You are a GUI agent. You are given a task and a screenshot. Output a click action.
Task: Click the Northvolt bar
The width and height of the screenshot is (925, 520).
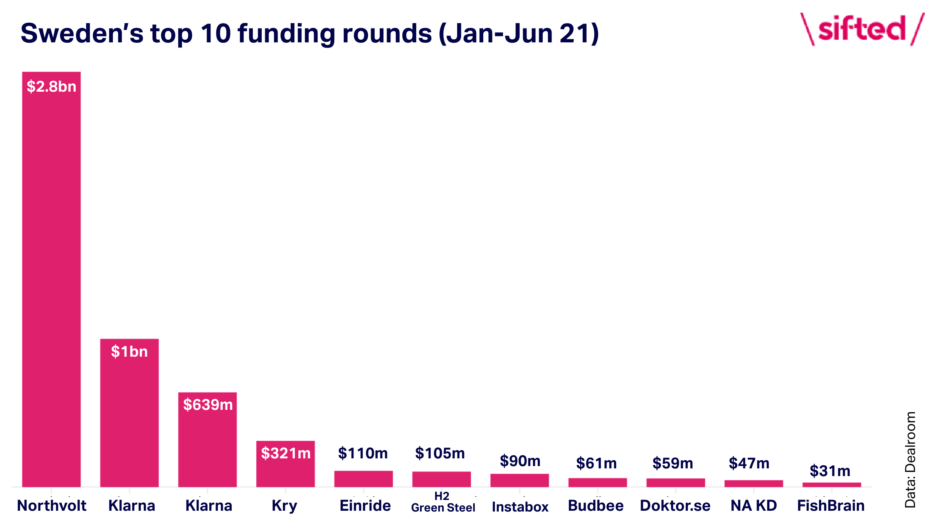click(51, 279)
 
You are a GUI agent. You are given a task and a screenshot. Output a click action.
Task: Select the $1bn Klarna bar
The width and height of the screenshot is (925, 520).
click(129, 413)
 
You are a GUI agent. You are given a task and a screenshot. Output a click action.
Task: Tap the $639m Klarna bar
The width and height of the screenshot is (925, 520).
click(207, 440)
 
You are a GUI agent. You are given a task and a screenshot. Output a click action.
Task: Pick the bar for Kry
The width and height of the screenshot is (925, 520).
click(286, 464)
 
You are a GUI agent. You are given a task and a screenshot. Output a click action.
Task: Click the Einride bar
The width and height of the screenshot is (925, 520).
click(363, 479)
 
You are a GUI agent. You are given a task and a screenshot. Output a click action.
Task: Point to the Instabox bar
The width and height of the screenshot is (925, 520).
click(520, 480)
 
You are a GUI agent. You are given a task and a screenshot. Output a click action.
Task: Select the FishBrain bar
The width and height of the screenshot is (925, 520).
click(832, 485)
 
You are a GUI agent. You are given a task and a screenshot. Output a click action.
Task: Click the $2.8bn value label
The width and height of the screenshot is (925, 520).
click(51, 87)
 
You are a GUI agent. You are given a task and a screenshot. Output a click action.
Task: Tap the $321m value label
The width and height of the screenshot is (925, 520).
click(286, 453)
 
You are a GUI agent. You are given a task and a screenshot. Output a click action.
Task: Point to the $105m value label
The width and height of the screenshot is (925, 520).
click(440, 453)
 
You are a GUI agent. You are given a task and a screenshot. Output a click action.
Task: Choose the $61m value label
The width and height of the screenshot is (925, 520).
click(596, 463)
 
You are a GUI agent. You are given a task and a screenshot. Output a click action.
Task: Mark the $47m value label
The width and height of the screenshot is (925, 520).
click(749, 463)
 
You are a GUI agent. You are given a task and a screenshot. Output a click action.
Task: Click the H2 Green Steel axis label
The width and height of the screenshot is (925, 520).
click(443, 502)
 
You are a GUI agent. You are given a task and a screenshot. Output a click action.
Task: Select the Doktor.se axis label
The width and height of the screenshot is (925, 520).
click(675, 506)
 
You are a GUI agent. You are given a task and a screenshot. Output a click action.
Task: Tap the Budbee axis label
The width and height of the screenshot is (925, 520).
click(596, 506)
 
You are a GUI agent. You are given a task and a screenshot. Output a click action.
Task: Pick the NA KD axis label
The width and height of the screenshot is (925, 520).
click(754, 506)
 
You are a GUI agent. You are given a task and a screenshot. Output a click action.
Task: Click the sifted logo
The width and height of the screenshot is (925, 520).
click(862, 29)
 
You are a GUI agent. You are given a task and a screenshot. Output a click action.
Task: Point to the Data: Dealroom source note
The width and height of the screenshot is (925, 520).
click(910, 460)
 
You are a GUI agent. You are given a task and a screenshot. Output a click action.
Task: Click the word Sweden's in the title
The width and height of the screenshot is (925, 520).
click(82, 34)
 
